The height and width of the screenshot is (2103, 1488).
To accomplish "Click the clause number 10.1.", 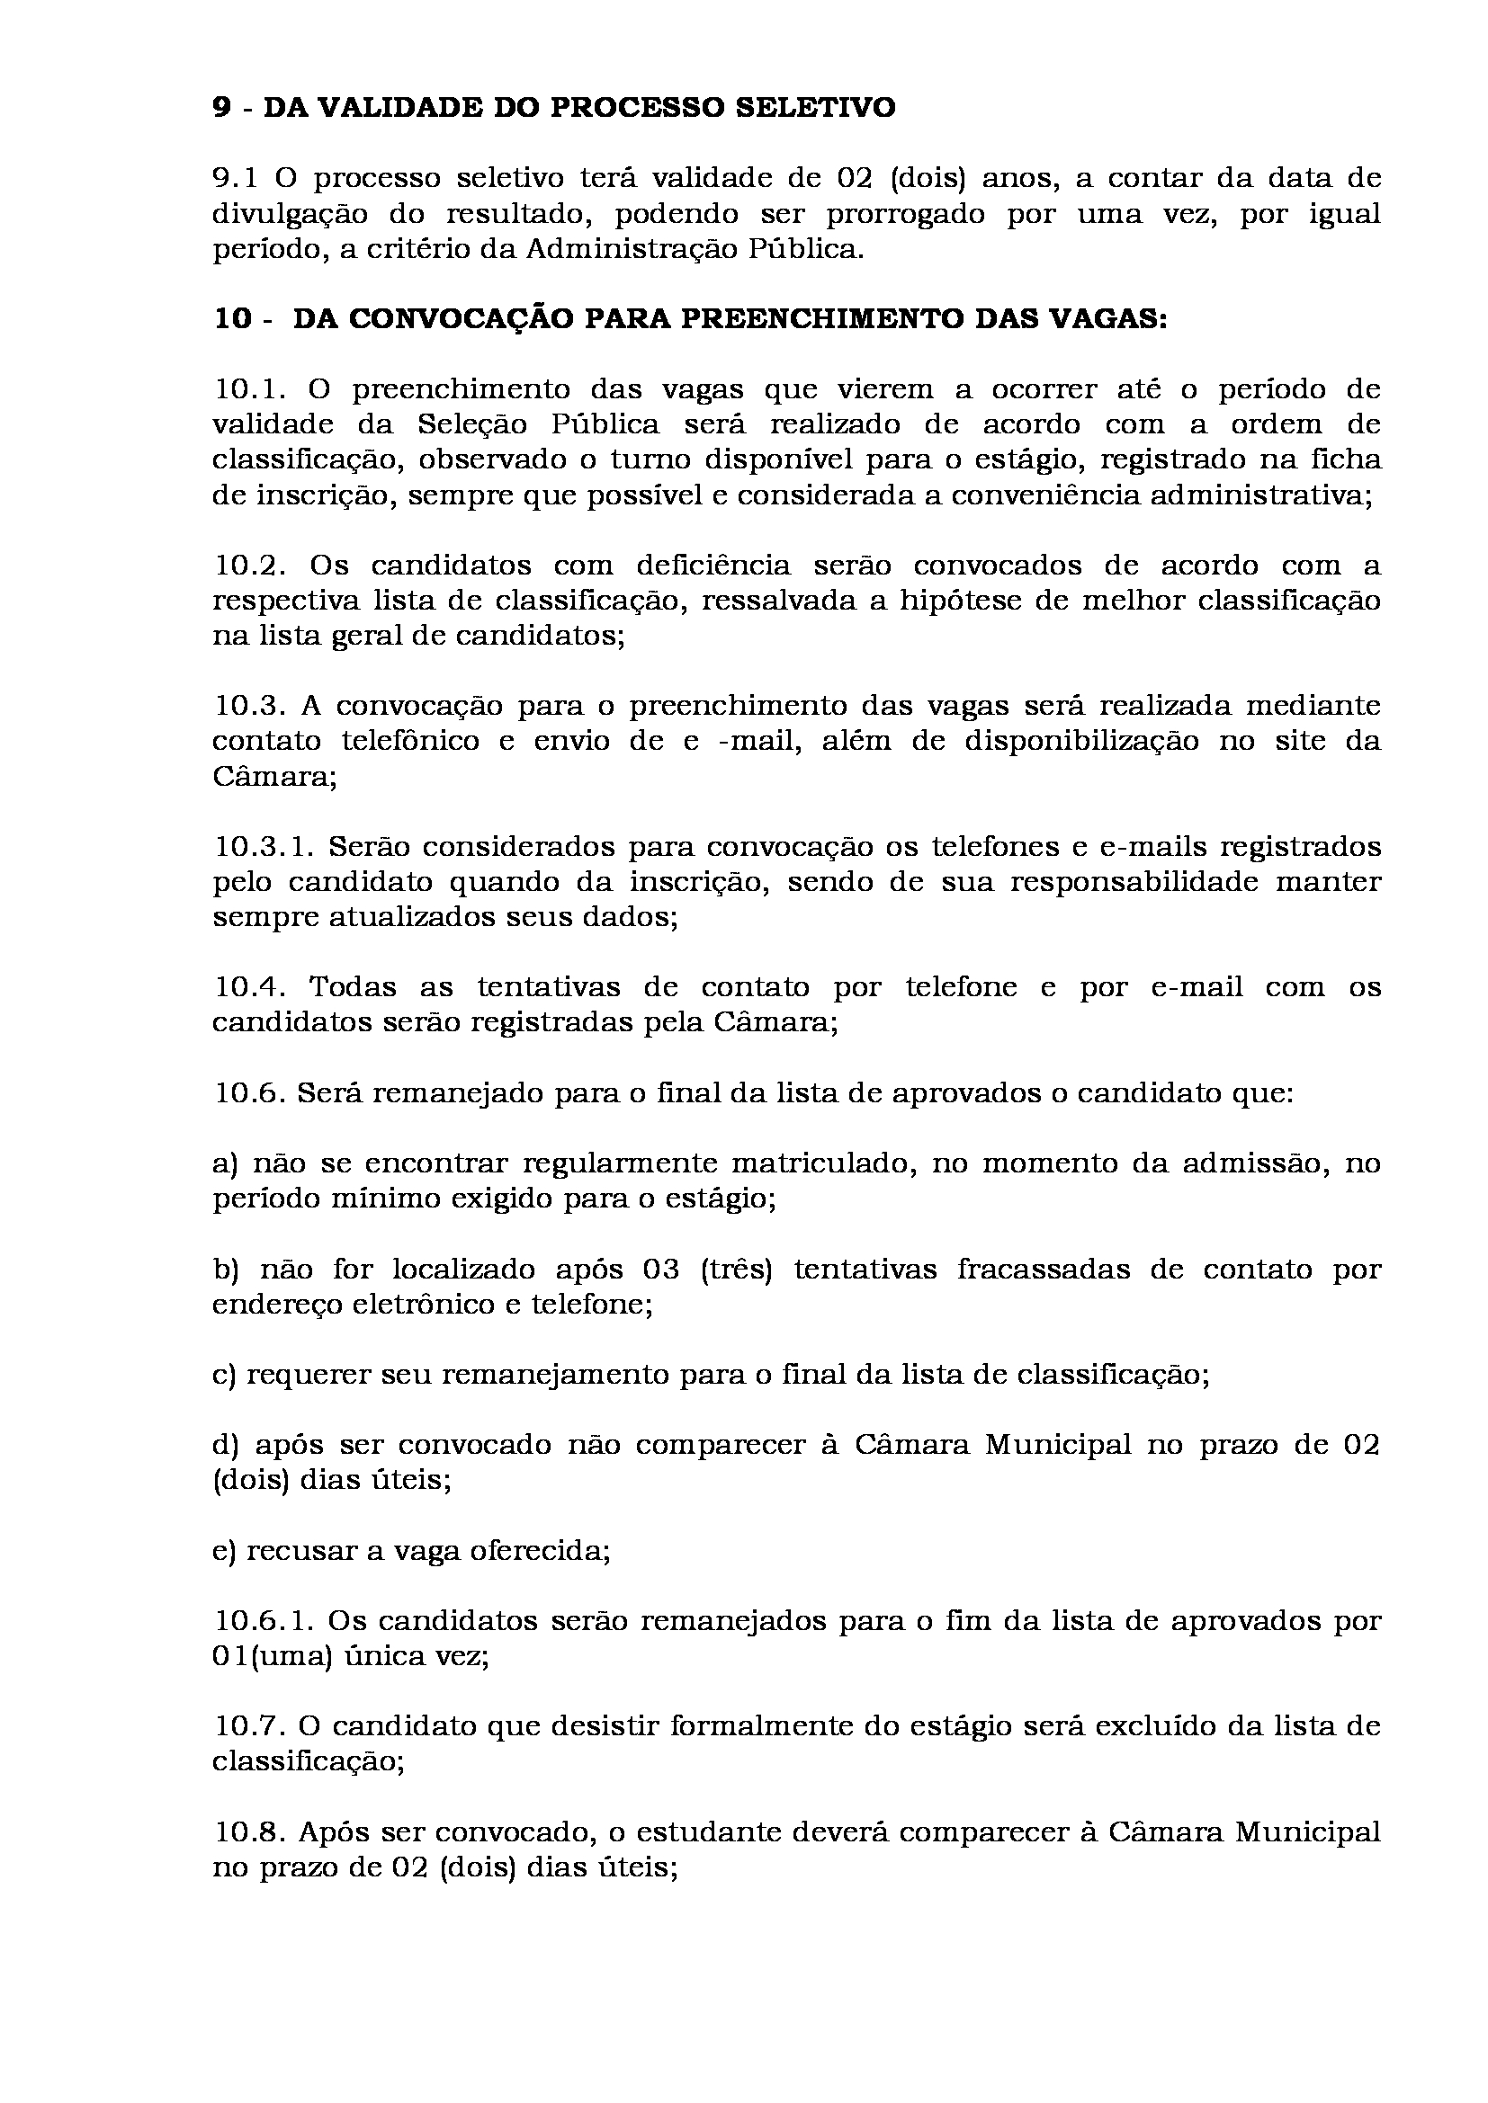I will click(251, 389).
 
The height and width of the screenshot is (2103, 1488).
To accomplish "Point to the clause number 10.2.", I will click(251, 566).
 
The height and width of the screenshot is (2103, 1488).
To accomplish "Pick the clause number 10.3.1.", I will click(264, 846).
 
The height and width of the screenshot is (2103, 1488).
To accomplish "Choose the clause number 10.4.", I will click(251, 987).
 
